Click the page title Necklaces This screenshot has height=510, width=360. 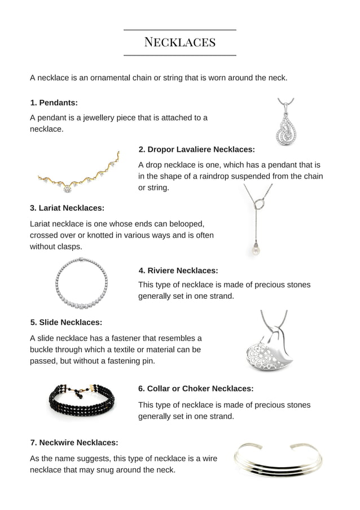tap(180, 42)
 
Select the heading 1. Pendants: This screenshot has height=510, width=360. tap(54, 103)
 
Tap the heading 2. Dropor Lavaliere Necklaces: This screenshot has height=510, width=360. tap(196, 150)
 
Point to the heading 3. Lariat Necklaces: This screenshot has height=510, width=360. tap(67, 208)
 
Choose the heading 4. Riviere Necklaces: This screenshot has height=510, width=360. tap(178, 271)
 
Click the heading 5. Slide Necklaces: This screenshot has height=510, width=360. tap(66, 322)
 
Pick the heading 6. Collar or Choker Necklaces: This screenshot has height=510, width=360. tap(196, 389)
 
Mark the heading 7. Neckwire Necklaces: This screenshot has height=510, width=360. tap(74, 443)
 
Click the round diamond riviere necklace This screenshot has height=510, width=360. tap(82, 284)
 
